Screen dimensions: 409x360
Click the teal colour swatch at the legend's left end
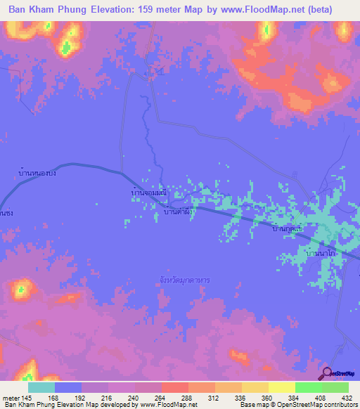41,387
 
